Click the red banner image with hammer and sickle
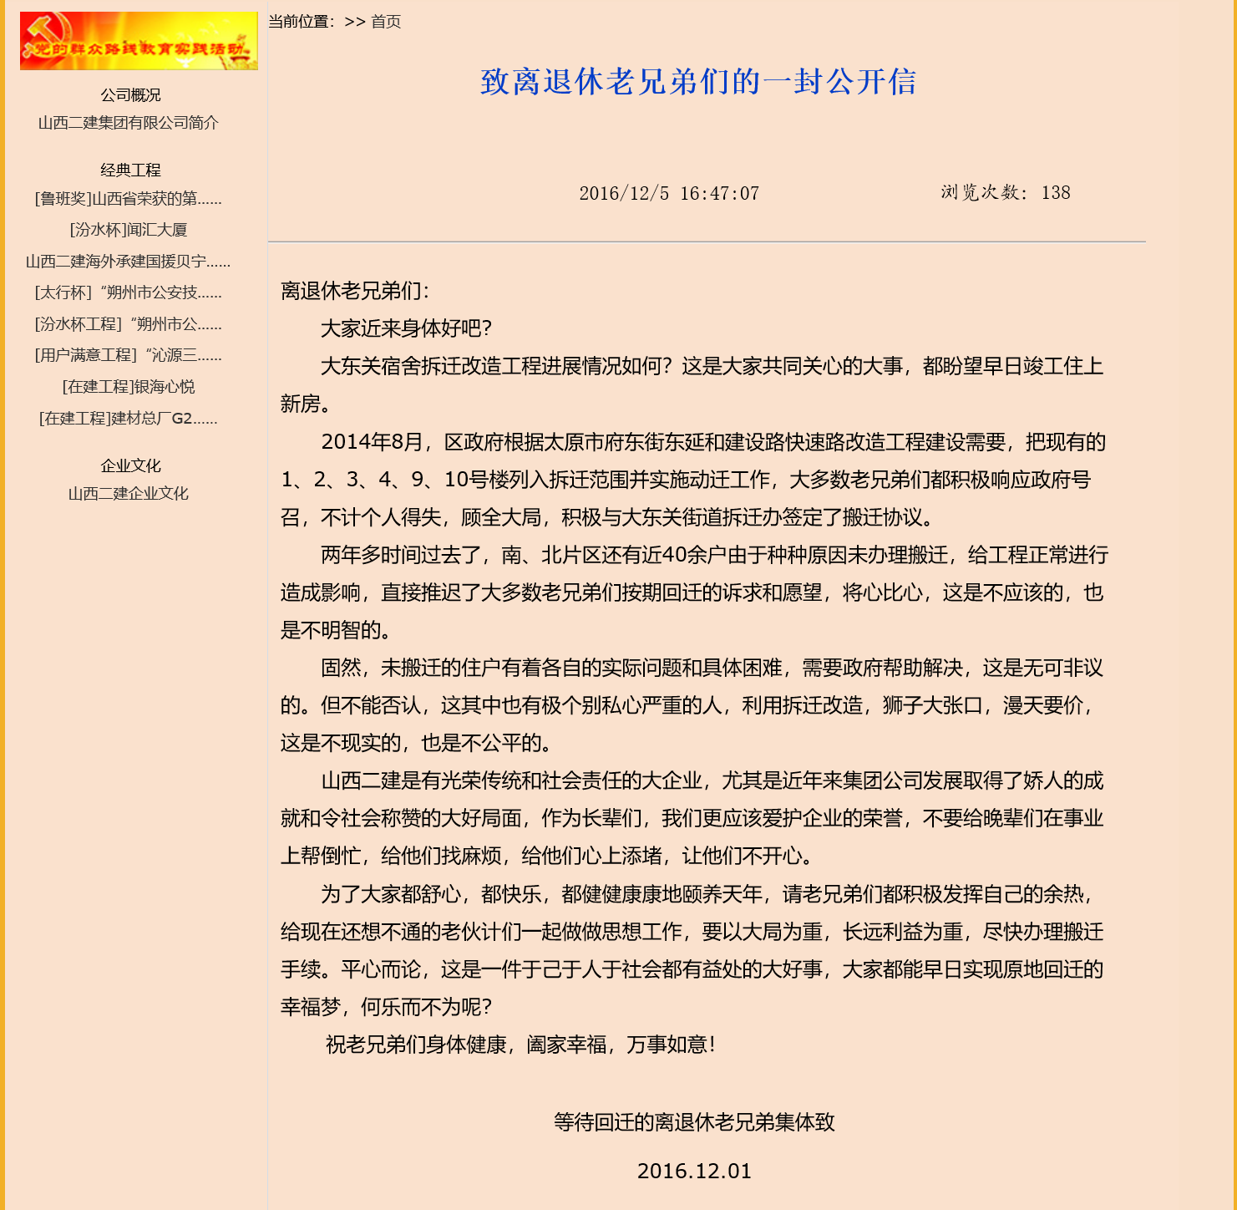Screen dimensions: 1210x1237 click(x=139, y=41)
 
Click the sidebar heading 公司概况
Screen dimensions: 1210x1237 click(x=130, y=95)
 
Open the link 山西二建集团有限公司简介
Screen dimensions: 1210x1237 click(x=129, y=123)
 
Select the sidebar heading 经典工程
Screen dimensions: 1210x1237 click(x=130, y=170)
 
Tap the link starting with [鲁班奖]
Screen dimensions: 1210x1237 click(x=129, y=199)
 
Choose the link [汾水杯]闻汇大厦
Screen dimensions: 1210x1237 click(x=129, y=230)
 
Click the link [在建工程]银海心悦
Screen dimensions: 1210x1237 click(x=129, y=387)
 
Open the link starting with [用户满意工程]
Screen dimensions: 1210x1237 click(x=129, y=355)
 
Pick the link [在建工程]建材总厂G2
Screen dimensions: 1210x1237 click(x=129, y=418)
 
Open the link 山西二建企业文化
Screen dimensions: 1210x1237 click(x=129, y=494)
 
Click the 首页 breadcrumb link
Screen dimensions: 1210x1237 click(x=386, y=22)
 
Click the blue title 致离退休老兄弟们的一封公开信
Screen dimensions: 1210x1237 click(x=698, y=82)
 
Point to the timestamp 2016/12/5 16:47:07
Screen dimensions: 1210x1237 click(x=669, y=194)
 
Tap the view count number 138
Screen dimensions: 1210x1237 click(x=1056, y=193)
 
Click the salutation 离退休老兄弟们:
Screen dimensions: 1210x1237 click(x=355, y=291)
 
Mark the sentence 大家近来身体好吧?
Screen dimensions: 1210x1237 click(x=407, y=328)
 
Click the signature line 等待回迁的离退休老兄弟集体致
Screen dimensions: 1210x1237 click(x=694, y=1122)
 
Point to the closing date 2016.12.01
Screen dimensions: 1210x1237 click(x=694, y=1172)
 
